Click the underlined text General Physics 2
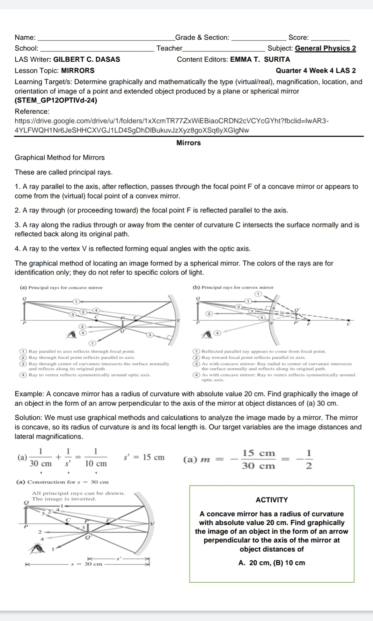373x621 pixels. tap(325, 48)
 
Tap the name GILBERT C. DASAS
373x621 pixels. tap(87, 59)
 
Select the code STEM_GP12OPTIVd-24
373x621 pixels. tap(56, 100)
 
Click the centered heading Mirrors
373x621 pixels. tap(189, 143)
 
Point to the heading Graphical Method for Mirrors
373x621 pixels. tap(60, 157)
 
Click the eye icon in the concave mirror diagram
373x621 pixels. tap(73, 335)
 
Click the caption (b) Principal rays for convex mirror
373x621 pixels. tap(233, 287)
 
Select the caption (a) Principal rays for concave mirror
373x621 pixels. tap(61, 287)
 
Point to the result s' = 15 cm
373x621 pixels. tap(144, 457)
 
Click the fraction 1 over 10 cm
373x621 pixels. tap(96, 457)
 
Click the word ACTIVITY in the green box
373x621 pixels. tap(272, 500)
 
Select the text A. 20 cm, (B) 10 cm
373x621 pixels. tap(272, 563)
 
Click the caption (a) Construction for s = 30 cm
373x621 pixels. tap(63, 482)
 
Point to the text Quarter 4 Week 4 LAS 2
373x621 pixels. tap(316, 70)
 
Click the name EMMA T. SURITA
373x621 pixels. tap(260, 59)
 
